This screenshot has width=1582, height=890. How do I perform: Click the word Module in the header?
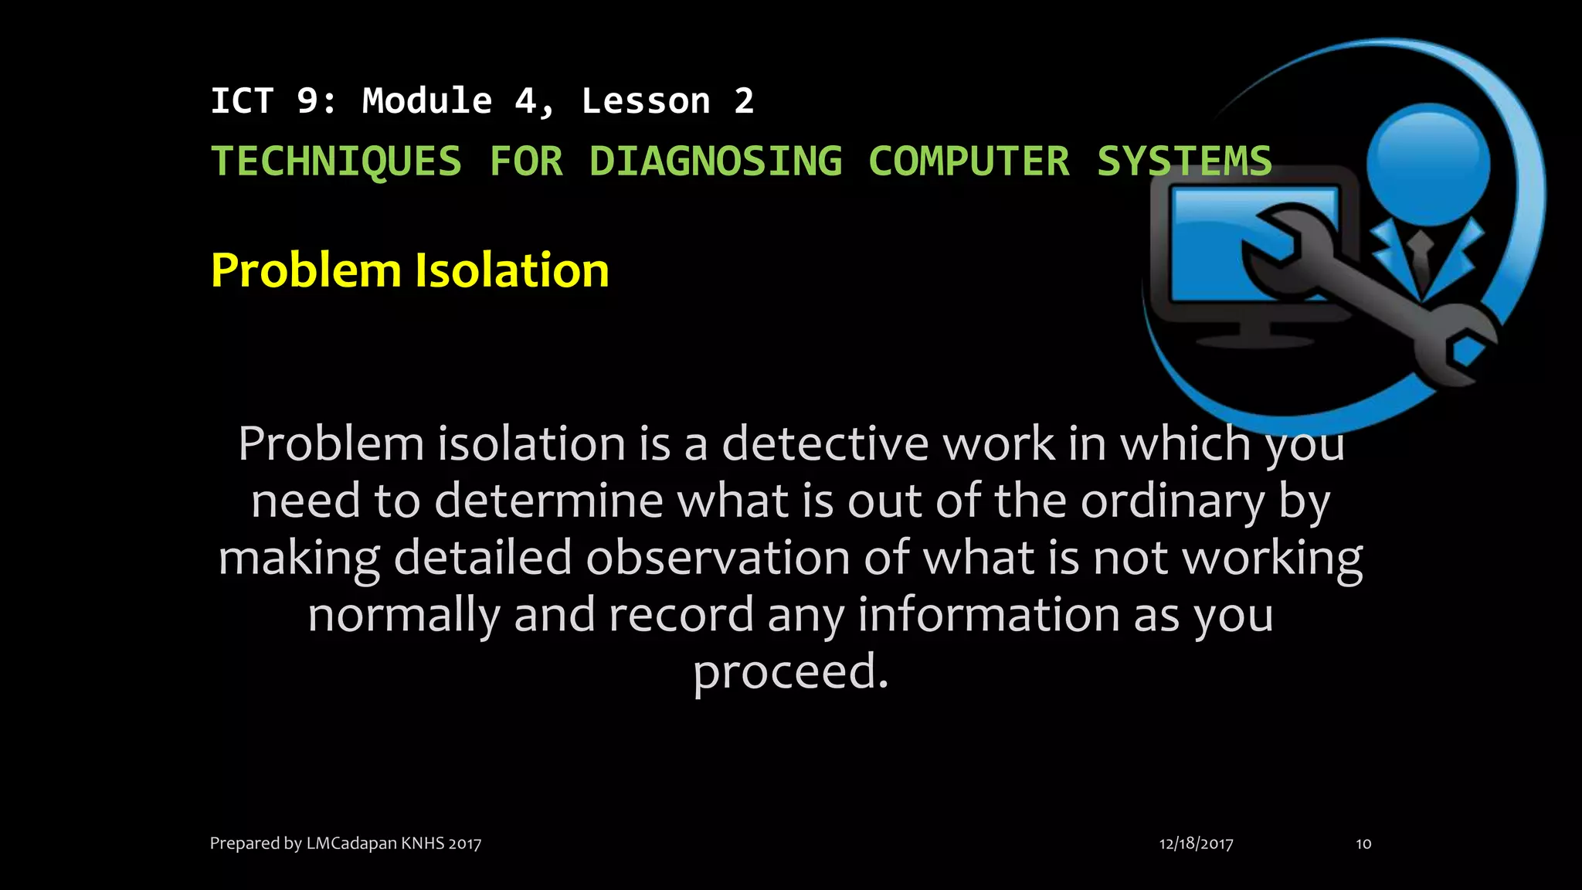point(427,101)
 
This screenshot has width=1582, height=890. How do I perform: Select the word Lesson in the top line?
point(646,101)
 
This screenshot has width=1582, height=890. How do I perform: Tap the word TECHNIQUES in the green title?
point(336,161)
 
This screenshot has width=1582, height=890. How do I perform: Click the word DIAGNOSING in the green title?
point(715,161)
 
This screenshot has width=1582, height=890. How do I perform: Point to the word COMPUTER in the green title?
point(969,161)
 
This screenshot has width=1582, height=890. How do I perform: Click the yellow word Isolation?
point(512,270)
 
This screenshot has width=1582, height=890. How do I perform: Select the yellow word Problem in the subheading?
point(307,270)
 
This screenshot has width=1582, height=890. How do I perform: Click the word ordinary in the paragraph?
point(1173,501)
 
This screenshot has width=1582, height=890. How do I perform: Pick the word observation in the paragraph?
point(718,558)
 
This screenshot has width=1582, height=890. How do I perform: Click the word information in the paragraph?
point(989,615)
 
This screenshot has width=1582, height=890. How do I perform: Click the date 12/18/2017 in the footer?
point(1196,844)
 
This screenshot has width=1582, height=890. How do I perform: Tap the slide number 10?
point(1363,844)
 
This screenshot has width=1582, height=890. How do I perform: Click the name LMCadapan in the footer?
point(351,844)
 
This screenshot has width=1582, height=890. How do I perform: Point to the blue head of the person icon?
point(1428,164)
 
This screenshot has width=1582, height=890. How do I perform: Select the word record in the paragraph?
point(681,615)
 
